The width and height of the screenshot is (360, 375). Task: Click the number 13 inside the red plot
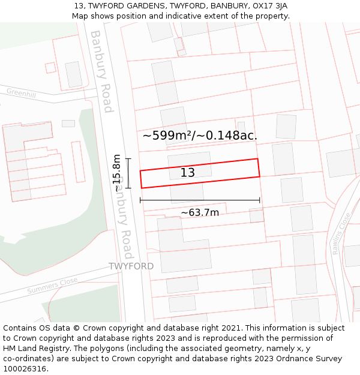188,173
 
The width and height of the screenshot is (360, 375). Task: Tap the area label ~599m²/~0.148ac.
200,136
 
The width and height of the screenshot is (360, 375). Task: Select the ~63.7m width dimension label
200,212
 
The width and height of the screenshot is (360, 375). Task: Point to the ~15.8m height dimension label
117,173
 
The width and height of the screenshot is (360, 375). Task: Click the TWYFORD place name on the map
131,266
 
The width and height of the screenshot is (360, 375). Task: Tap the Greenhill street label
22,92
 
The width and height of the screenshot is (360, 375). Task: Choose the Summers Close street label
52,286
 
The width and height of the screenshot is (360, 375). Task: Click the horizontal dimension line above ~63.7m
200,200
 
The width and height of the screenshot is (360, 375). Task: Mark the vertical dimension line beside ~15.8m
128,173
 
